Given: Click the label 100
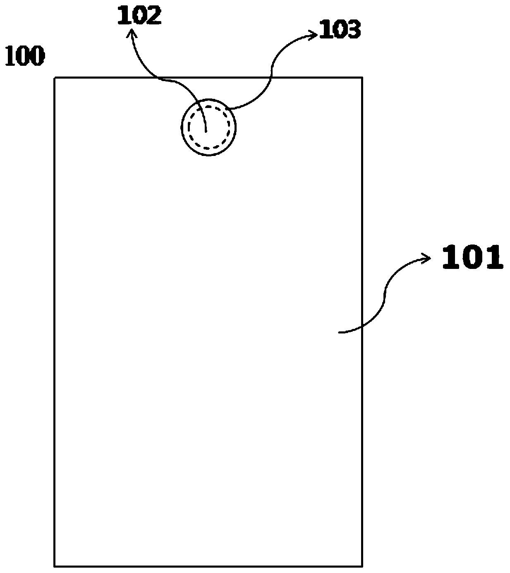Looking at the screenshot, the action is coord(24,57).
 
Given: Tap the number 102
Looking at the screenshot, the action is coord(139,16).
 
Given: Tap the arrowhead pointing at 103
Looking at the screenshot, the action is coord(314,36).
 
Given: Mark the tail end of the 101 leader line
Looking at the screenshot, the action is coord(339,332).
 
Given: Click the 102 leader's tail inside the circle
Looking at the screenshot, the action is coord(206,132).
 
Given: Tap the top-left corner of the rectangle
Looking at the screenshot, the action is coord(55,77).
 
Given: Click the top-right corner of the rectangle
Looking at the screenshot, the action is coord(362,77).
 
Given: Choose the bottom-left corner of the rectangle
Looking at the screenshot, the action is coord(55,566).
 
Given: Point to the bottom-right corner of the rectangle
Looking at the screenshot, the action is coord(362,566).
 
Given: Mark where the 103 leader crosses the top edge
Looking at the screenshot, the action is coord(272,77).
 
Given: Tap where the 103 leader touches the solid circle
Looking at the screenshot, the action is coord(230,109).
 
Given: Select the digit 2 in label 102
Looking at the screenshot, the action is coord(153,16).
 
